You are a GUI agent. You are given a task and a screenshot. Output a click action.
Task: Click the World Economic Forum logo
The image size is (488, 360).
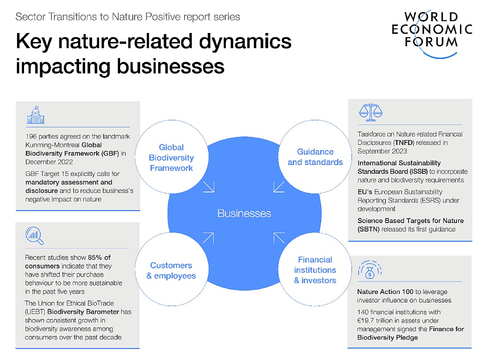432,33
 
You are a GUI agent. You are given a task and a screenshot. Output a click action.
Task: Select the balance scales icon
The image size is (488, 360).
370,112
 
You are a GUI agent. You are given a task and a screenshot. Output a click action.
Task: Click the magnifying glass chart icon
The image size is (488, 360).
34,235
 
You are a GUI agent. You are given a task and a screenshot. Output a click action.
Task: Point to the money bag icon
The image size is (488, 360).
370,269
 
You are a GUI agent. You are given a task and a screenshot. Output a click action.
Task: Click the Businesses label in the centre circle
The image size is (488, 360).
244,213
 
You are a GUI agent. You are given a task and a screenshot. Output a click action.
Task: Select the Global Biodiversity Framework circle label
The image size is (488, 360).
171,157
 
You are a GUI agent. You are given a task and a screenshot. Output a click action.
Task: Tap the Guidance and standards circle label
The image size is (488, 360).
315,157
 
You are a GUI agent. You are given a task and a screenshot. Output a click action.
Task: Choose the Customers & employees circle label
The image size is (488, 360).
171,270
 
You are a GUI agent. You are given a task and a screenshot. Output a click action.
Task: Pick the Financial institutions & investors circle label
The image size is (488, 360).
315,270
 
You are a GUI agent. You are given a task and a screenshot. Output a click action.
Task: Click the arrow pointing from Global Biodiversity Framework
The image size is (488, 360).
209,186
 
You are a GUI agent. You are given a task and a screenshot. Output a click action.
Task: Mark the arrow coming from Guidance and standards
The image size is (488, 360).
279,186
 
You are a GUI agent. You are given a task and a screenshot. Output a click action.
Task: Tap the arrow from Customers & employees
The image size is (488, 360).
208,238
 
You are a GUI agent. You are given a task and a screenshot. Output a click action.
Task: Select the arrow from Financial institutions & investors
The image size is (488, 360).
279,238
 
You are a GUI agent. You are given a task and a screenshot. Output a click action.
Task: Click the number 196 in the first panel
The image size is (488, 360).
31,136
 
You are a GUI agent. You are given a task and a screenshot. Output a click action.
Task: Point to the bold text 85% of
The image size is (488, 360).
99,257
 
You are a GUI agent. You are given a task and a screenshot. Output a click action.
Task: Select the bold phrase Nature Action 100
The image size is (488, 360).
385,291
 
